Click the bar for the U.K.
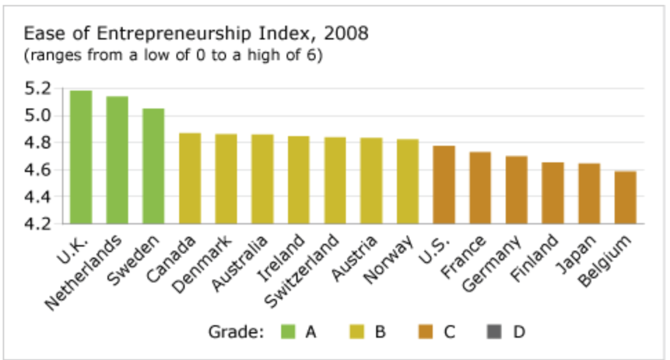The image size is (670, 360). tap(81, 157)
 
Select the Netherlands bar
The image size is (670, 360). tap(118, 160)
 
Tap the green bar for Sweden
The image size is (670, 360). tap(154, 166)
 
